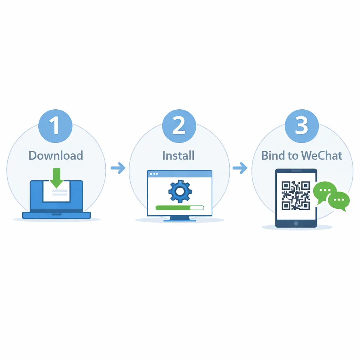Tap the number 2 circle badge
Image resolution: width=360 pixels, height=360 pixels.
coord(179,126)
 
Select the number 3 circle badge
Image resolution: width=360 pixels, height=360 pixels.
coord(302,126)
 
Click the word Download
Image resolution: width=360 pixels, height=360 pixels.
coord(56,155)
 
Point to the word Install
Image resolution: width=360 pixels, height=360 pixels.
coord(178,155)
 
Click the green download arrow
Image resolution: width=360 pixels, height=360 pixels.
coord(57,178)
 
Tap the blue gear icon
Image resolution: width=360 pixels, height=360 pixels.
coord(179,191)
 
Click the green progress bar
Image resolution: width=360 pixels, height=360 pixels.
coord(172,208)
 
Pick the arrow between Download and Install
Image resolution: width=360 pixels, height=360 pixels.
coord(118,168)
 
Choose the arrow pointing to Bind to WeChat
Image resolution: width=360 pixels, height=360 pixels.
coord(240,168)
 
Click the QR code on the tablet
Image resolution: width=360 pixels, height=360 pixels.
coord(296,195)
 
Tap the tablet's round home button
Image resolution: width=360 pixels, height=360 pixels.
coord(296,223)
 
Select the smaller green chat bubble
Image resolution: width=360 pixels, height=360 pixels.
coord(339,201)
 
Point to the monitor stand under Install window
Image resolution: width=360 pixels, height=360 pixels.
coord(180,218)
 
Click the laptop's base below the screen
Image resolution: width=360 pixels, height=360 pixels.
coord(57,215)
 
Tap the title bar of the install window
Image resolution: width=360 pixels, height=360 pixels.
coord(180,174)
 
